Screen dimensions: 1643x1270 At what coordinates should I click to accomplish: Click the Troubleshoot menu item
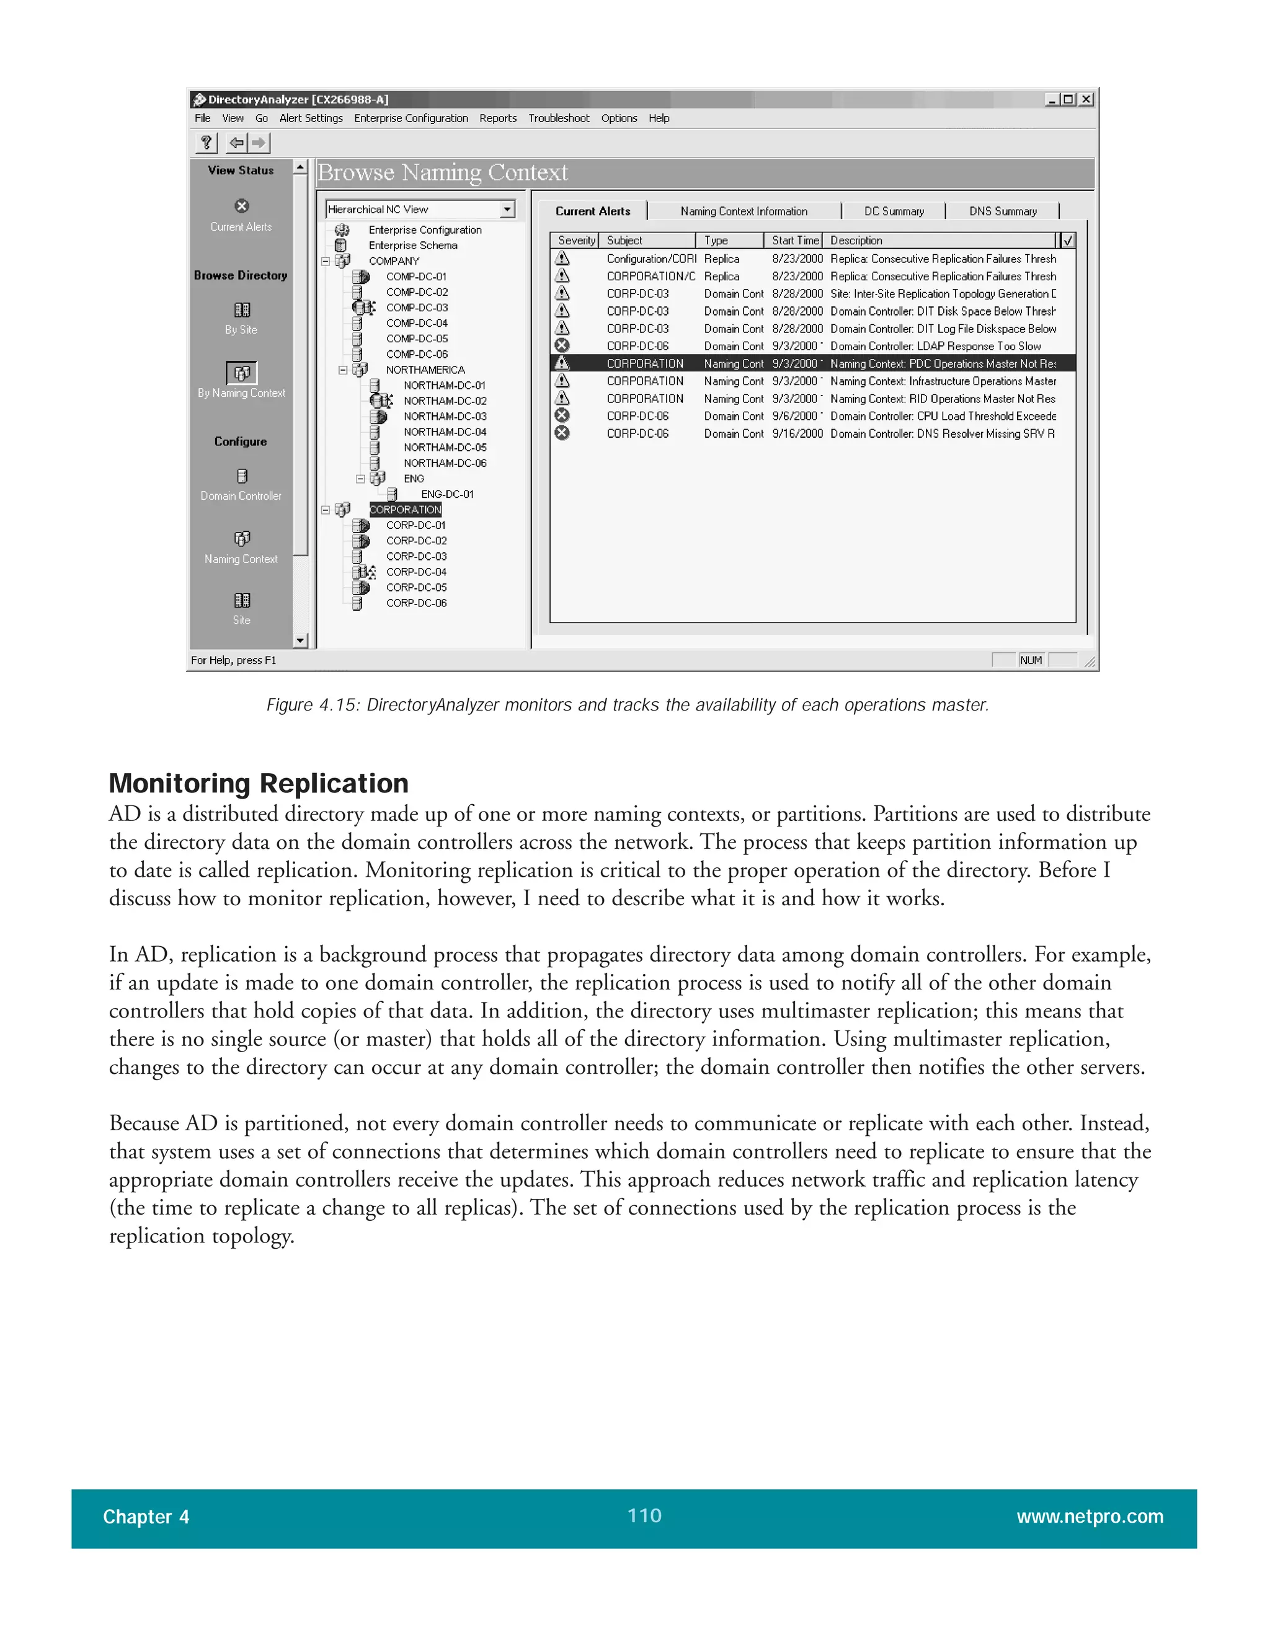point(558,118)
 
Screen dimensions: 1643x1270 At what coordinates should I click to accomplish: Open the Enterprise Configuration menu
point(411,118)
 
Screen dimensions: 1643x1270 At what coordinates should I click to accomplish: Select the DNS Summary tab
point(1002,211)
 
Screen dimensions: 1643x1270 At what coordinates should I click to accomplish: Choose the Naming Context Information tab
point(744,211)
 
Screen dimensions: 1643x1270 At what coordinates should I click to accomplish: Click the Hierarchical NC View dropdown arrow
point(508,209)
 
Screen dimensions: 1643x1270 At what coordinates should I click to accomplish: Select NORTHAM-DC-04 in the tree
point(445,432)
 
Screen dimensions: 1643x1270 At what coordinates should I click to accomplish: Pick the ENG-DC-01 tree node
point(447,494)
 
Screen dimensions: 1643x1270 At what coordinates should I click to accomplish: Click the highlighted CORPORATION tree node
point(405,509)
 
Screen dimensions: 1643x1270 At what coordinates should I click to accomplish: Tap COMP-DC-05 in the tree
point(417,339)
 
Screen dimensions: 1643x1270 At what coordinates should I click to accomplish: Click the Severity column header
point(576,240)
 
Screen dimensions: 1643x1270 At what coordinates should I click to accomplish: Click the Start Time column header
point(794,240)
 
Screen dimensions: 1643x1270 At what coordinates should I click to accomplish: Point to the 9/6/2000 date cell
point(794,416)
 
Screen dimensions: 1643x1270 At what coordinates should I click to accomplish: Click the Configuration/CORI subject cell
point(651,259)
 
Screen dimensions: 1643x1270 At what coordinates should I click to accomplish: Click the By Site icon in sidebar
point(241,310)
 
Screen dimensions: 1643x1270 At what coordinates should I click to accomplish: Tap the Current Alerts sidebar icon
point(241,206)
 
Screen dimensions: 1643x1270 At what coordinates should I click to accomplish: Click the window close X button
point(1086,99)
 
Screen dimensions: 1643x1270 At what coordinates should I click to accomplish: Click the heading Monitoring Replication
point(259,783)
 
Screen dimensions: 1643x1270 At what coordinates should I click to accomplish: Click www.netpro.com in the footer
point(1090,1516)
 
